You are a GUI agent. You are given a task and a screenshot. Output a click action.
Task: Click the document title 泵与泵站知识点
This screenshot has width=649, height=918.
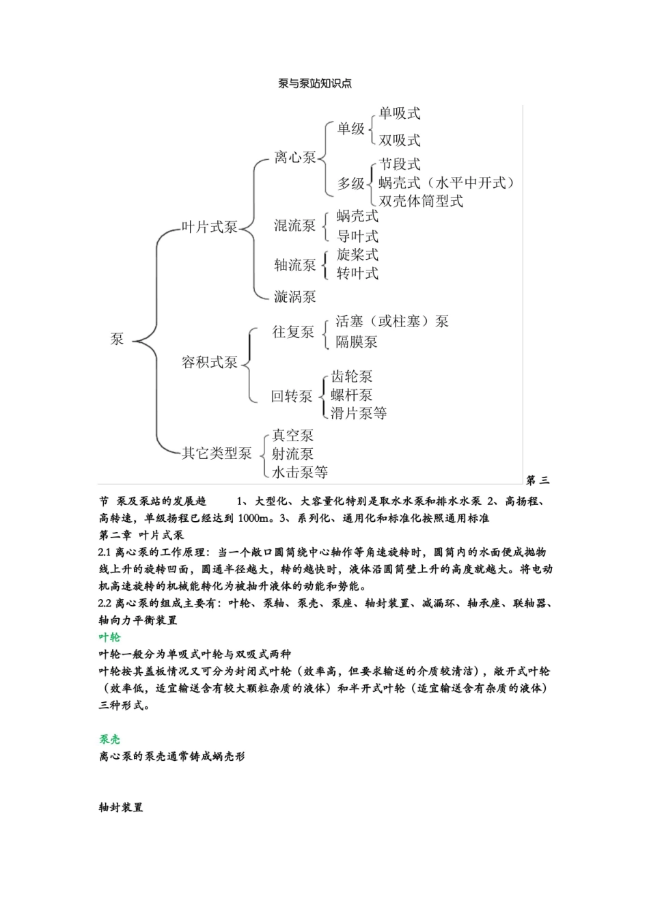[315, 83]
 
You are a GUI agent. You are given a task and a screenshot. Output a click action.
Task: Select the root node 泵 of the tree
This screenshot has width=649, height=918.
[118, 339]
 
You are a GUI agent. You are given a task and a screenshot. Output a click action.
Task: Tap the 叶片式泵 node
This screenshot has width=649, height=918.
[209, 227]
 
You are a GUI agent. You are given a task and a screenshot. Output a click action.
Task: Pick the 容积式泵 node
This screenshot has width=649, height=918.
[209, 362]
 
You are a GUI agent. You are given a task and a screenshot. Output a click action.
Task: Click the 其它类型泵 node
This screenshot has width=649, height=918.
[216, 453]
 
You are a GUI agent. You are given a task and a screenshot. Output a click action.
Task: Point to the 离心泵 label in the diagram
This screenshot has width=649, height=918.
[294, 158]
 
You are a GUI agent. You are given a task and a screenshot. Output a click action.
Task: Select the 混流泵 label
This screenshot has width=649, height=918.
[294, 226]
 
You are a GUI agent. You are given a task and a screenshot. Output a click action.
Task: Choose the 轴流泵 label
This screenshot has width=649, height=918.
[294, 264]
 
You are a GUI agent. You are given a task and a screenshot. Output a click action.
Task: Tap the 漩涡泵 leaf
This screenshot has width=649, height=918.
[294, 296]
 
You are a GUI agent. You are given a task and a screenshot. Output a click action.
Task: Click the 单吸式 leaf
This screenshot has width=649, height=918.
[400, 113]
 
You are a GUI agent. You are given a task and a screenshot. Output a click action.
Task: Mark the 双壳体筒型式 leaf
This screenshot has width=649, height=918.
[421, 201]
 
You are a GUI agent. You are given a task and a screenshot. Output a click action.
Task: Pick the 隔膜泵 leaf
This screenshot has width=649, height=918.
[356, 342]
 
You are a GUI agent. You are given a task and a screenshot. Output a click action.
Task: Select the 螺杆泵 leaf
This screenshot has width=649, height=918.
[352, 395]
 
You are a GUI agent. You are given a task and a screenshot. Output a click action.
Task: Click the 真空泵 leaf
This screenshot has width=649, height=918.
[292, 436]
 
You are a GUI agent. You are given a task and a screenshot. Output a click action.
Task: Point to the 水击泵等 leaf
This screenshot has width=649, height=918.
[299, 472]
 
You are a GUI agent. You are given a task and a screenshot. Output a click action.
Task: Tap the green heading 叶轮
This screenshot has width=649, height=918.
[109, 637]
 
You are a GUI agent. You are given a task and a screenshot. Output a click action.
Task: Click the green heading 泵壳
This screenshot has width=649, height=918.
[109, 739]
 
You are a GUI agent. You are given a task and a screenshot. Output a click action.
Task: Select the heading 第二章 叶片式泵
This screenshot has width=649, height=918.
[141, 535]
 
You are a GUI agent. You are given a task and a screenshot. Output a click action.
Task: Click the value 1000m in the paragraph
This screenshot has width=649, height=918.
[255, 518]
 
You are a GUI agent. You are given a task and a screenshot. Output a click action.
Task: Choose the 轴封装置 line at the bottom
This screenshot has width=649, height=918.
[121, 807]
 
